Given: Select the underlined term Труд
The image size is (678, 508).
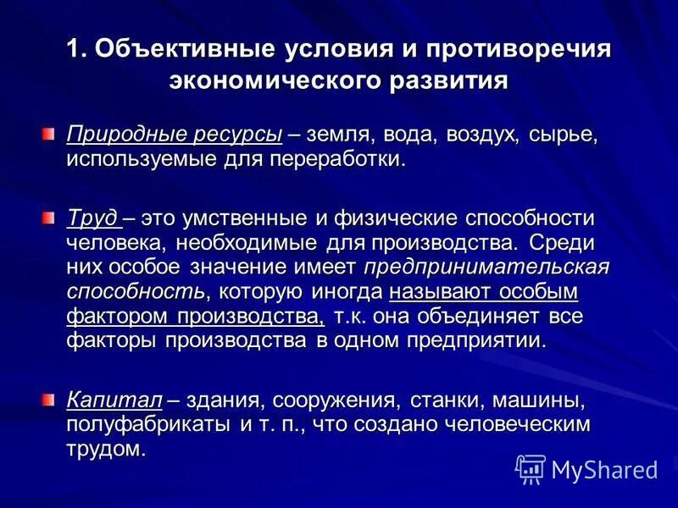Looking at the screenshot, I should click(x=92, y=218).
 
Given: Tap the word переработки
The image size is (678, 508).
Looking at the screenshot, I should click(x=333, y=159).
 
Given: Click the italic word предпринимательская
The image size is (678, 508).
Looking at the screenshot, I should click(x=486, y=268).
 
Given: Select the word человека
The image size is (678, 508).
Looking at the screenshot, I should click(x=116, y=243).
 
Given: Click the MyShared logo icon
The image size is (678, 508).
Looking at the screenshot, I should click(x=531, y=468).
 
